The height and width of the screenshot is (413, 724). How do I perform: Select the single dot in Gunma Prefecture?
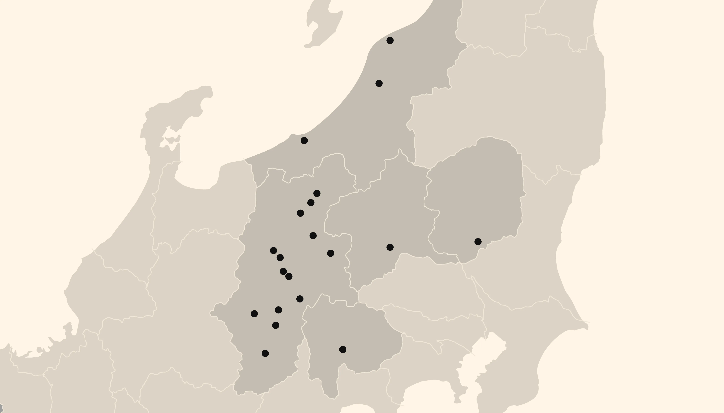pos(390,247)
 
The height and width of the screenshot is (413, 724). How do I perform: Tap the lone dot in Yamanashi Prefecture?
pos(342,349)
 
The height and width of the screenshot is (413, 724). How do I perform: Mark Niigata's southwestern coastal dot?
pos(304,140)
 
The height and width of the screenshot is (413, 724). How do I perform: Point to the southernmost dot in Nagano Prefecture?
pos(265,353)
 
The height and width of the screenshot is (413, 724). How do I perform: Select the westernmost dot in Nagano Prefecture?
pos(254,313)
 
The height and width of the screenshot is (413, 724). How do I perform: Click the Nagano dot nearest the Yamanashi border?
pos(300,299)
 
